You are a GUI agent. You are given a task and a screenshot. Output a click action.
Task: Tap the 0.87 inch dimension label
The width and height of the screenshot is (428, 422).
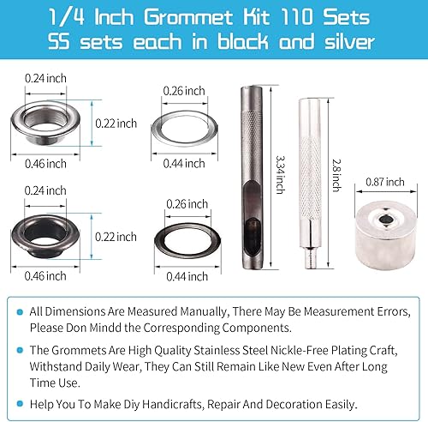pos(383,182)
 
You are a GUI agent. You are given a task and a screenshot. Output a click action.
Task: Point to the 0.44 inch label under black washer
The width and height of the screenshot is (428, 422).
pos(186,275)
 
